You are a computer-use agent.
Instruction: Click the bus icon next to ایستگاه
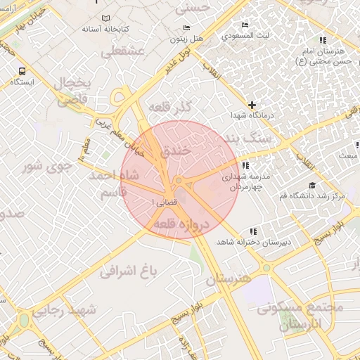(22, 71)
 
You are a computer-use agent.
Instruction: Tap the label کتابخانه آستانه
(106, 29)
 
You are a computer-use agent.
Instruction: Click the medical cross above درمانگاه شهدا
(252, 105)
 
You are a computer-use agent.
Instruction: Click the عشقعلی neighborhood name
(123, 51)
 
